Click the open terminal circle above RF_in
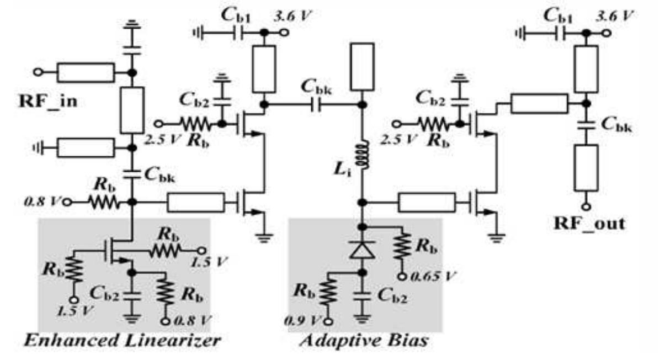coord(39,72)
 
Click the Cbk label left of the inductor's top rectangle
coord(317,86)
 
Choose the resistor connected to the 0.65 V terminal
coord(403,247)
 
